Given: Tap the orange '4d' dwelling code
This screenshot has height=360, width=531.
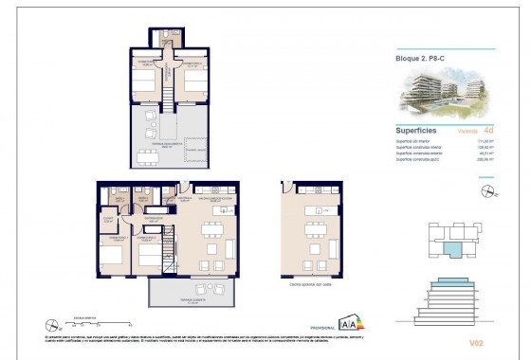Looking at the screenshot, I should pos(487,131).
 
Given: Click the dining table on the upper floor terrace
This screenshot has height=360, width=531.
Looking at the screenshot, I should pos(149,155).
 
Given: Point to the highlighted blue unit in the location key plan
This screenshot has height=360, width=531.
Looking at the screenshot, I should pos(455,248).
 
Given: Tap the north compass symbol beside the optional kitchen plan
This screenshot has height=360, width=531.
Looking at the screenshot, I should pos(489,192).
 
